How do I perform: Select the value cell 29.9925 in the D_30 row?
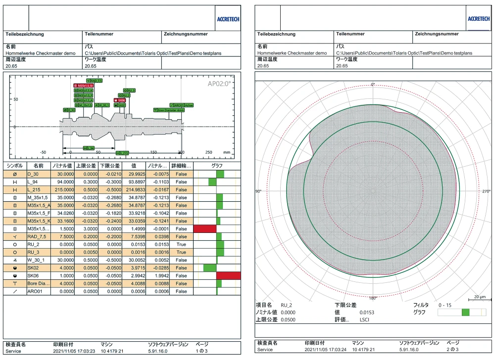coord(133,174)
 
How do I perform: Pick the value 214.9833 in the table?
coord(132,190)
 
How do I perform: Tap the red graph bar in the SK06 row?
coord(228,275)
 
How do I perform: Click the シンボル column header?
coord(13,166)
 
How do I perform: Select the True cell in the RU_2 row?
coord(181,244)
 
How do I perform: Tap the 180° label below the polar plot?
coord(373,298)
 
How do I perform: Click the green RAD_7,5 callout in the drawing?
coord(94,80)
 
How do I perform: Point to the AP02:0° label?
coord(220,83)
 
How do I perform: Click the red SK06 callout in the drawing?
coord(120,100)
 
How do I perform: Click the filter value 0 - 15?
coord(445,305)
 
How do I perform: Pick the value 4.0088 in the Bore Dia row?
coord(133,283)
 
